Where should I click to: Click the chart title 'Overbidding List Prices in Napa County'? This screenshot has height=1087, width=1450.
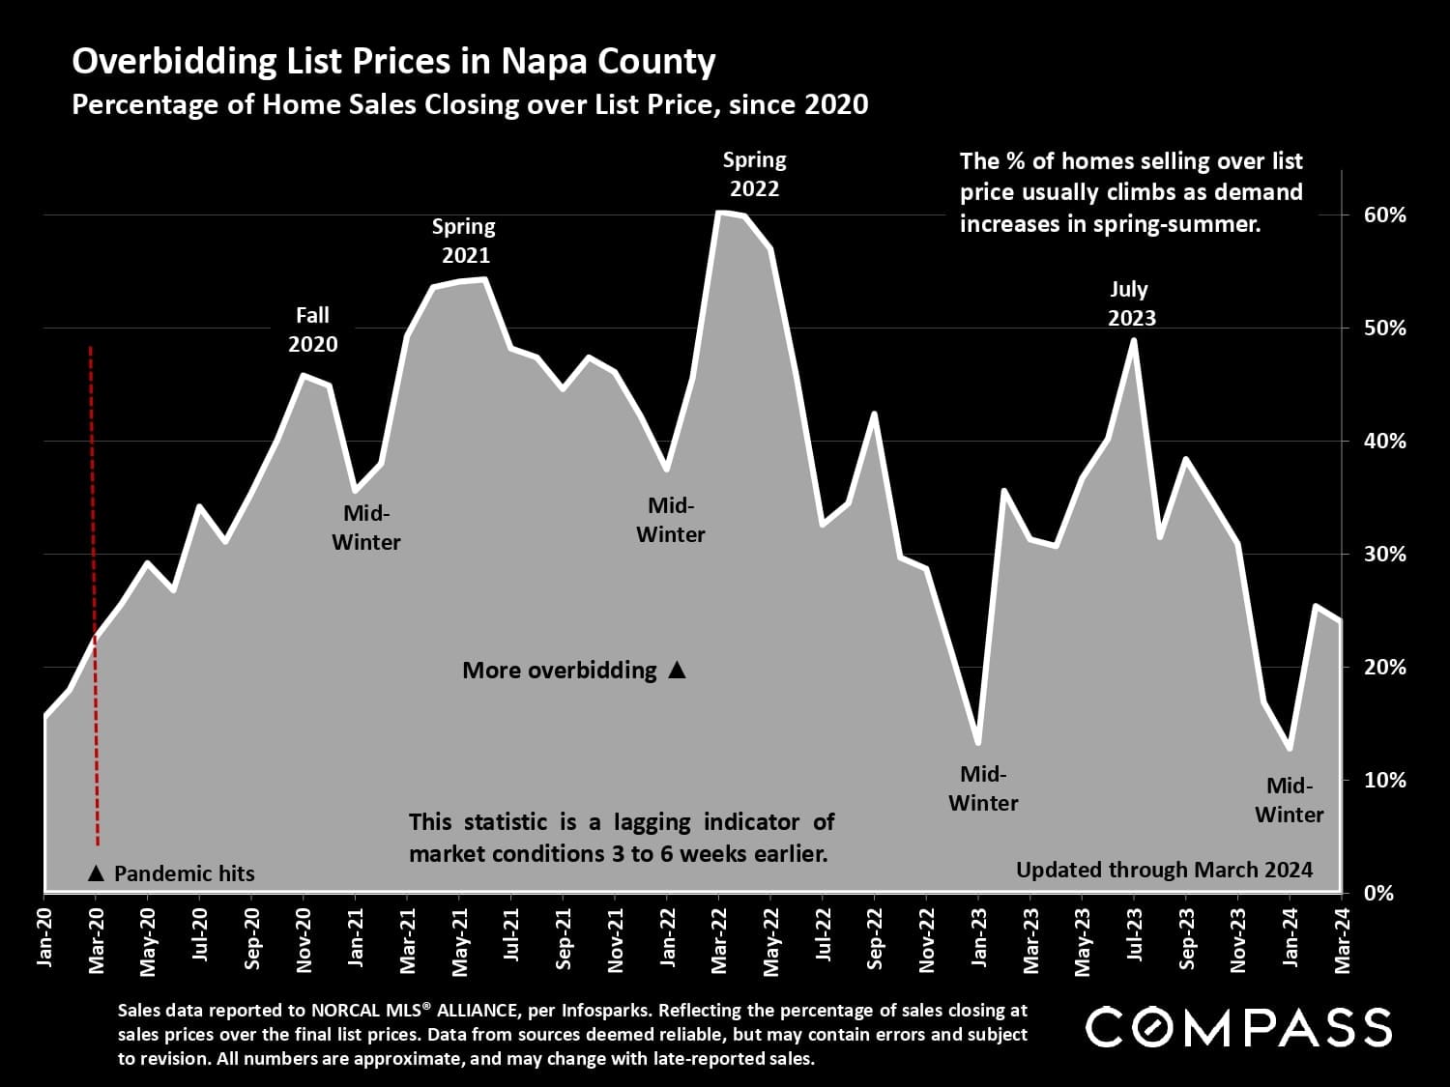(x=393, y=61)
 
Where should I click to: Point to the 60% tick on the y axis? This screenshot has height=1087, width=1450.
(x=1383, y=215)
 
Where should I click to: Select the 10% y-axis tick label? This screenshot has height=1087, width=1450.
(x=1383, y=780)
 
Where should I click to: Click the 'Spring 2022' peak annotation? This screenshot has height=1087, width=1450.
(x=755, y=174)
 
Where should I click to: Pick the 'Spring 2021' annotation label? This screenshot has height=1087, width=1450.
(x=464, y=241)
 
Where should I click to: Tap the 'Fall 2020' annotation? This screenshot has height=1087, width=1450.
(x=312, y=329)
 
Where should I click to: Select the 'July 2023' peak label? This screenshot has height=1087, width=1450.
(x=1130, y=303)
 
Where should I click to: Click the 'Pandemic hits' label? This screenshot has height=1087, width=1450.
(x=184, y=873)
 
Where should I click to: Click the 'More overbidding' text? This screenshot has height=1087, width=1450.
(x=560, y=671)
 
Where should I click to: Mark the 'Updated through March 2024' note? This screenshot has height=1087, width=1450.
(x=1164, y=870)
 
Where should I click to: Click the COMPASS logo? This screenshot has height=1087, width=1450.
(x=1238, y=1027)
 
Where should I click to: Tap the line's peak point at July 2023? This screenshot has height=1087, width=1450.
(x=1134, y=340)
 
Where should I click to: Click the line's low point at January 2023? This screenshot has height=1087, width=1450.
(x=978, y=742)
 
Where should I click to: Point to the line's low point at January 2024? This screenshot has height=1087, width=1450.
(x=1290, y=748)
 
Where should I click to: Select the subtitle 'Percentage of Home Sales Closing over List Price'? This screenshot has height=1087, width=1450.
(x=470, y=104)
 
